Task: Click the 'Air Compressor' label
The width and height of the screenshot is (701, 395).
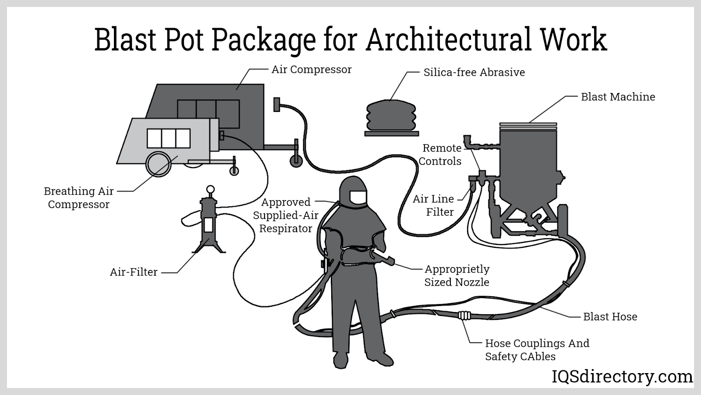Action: click(311, 69)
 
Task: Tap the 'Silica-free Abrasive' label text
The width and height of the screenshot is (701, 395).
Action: click(474, 72)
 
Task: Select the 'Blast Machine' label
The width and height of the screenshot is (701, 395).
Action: click(618, 97)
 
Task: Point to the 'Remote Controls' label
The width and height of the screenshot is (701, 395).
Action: click(440, 154)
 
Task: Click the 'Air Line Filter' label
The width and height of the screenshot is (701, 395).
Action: click(434, 205)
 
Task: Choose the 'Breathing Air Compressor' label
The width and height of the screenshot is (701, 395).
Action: click(79, 197)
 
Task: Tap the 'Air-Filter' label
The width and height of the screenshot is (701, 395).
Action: click(134, 272)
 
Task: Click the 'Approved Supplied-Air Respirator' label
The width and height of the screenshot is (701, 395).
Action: click(286, 215)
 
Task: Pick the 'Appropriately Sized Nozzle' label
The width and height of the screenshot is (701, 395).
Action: click(457, 276)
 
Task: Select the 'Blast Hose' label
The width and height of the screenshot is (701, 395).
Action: click(610, 317)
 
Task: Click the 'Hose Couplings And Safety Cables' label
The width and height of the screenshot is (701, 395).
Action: click(537, 350)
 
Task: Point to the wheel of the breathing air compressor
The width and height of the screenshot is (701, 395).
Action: click(159, 164)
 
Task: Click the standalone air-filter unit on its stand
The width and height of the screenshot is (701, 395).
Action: click(209, 224)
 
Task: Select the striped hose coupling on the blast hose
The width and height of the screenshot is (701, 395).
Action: click(464, 315)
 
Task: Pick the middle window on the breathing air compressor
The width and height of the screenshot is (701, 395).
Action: click(169, 138)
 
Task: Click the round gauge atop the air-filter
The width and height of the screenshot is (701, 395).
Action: click(211, 190)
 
